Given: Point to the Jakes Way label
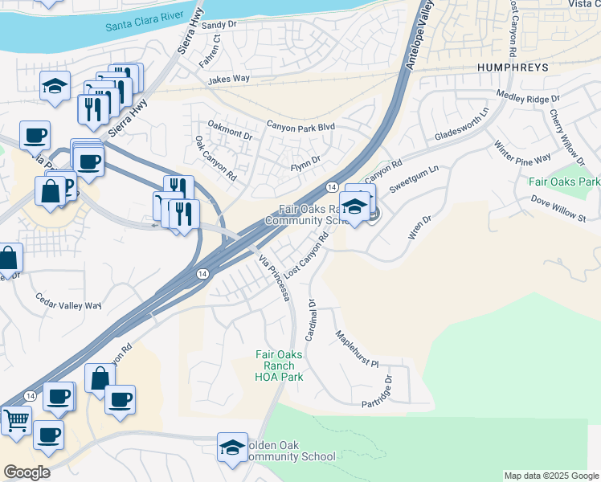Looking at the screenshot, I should tap(229, 80).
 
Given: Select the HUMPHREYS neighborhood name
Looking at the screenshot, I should tap(512, 67).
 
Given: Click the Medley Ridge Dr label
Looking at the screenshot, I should tap(528, 98).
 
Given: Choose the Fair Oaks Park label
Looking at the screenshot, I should tap(564, 182).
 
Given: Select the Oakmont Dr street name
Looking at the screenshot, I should tap(230, 129).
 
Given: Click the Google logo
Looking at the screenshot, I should tap(27, 472).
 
